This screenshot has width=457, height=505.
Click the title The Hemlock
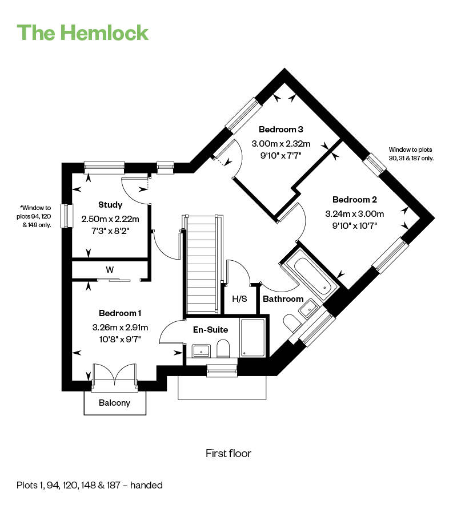pos(83,32)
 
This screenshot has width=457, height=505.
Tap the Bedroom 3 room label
pos(280,129)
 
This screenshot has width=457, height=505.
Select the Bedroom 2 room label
pos(355,200)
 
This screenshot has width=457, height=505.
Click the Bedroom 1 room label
pos(120,313)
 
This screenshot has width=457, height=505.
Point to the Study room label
pos(110,205)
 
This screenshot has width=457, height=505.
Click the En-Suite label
pos(210,329)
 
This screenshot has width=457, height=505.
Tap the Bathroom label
pos(283,299)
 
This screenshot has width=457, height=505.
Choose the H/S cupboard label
pos(239,299)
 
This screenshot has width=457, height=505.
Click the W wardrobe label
pos(109,269)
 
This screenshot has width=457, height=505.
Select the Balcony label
pos(114,403)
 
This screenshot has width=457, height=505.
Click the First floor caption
pos(228,454)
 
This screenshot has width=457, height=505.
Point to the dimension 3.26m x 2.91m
pos(120,328)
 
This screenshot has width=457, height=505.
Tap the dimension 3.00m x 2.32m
pos(280,143)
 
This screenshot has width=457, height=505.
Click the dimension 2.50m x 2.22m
pos(110,219)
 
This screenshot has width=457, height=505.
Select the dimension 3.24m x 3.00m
pos(355,214)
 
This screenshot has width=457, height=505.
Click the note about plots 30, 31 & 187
pos(411,154)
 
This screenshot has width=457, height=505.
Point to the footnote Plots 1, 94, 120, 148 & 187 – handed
pos(90,486)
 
